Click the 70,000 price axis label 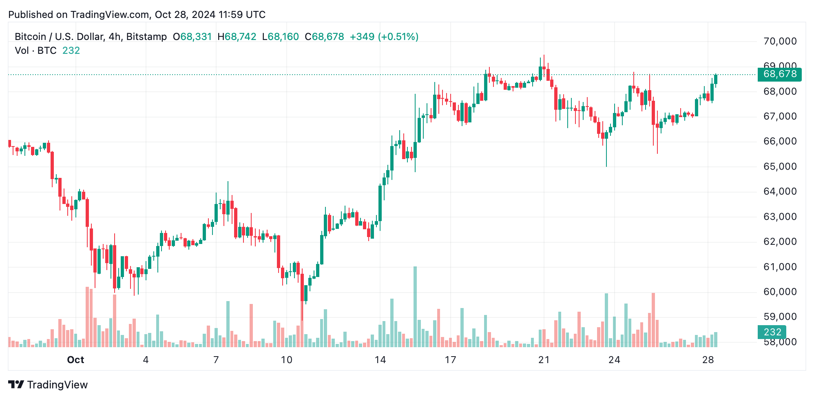coord(780,41)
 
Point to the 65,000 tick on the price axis coord(780,166)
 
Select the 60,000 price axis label coord(780,292)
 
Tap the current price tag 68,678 coord(779,74)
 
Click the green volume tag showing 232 coord(772,332)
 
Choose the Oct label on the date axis coord(75,360)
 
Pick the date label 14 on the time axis coord(380,360)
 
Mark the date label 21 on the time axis coord(544,360)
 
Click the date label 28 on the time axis coord(708,360)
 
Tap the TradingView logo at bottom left coord(48,385)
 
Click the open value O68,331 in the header coord(192,37)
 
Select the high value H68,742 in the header coord(237,37)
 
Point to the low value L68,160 coord(281,37)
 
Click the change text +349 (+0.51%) coord(384,37)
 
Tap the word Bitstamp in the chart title coord(146,37)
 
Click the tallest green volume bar coord(415,306)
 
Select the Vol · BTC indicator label coord(36,51)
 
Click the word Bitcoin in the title coord(31,37)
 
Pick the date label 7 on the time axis coord(216,360)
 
